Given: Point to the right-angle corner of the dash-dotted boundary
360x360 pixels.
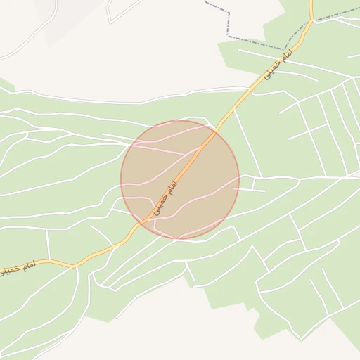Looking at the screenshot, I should (229, 36).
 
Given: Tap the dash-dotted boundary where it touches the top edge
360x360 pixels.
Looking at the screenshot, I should (205, 1).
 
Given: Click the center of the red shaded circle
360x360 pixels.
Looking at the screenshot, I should (180, 180).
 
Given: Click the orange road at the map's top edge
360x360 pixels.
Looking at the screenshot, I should (311, 2).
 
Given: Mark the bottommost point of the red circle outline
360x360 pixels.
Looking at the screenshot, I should (180, 239).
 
